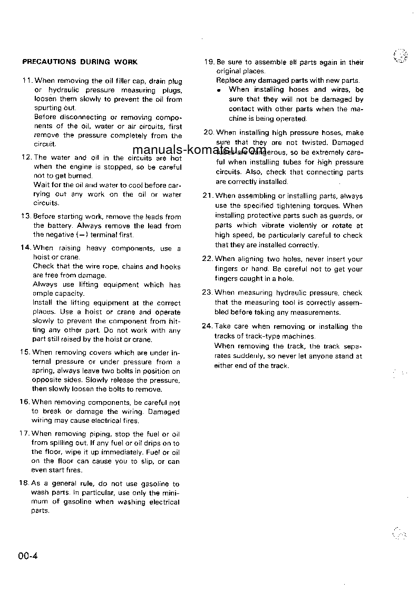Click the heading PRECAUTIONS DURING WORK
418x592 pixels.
[x=80, y=62]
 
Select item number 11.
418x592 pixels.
[x=27, y=81]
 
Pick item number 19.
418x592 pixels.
[x=208, y=62]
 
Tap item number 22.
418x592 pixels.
[x=207, y=259]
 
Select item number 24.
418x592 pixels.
[x=207, y=326]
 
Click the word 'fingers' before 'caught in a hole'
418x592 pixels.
[x=228, y=278]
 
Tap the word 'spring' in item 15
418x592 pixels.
[x=43, y=371]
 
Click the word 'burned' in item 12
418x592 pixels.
[x=79, y=176]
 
